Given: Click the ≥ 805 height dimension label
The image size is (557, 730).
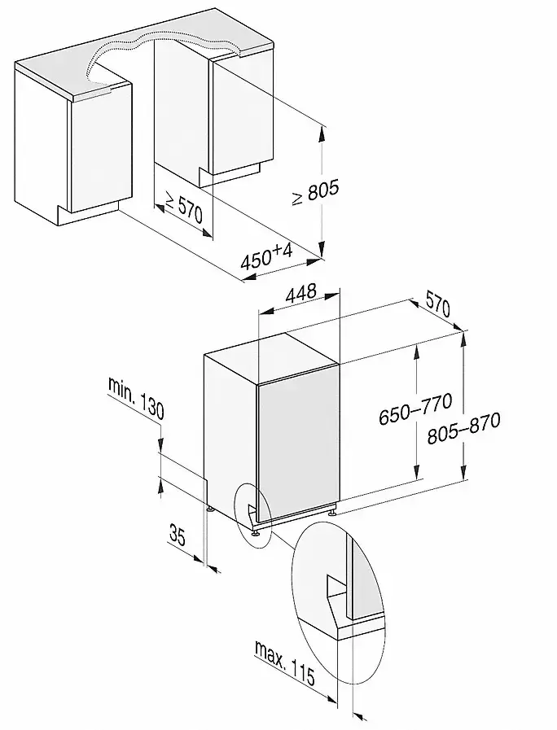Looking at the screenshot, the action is pyautogui.click(x=315, y=191).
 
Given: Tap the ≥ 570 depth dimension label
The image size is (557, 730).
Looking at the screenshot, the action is pyautogui.click(x=184, y=208).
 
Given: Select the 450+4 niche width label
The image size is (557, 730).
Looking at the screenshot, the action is pyautogui.click(x=266, y=258).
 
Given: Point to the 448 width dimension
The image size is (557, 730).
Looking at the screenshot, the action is pyautogui.click(x=300, y=293).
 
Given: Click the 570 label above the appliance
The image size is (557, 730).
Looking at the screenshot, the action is pyautogui.click(x=436, y=308).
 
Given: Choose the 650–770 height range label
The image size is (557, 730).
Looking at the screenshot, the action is pyautogui.click(x=415, y=409).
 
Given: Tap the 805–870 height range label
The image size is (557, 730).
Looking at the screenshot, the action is pyautogui.click(x=464, y=428).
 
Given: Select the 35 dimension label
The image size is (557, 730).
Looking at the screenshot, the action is pyautogui.click(x=177, y=535).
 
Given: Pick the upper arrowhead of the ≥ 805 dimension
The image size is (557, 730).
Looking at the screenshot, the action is pyautogui.click(x=321, y=134).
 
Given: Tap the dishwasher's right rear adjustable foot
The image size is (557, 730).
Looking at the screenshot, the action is pyautogui.click(x=331, y=512).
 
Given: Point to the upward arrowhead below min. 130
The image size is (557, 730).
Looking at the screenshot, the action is pyautogui.click(x=160, y=487).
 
